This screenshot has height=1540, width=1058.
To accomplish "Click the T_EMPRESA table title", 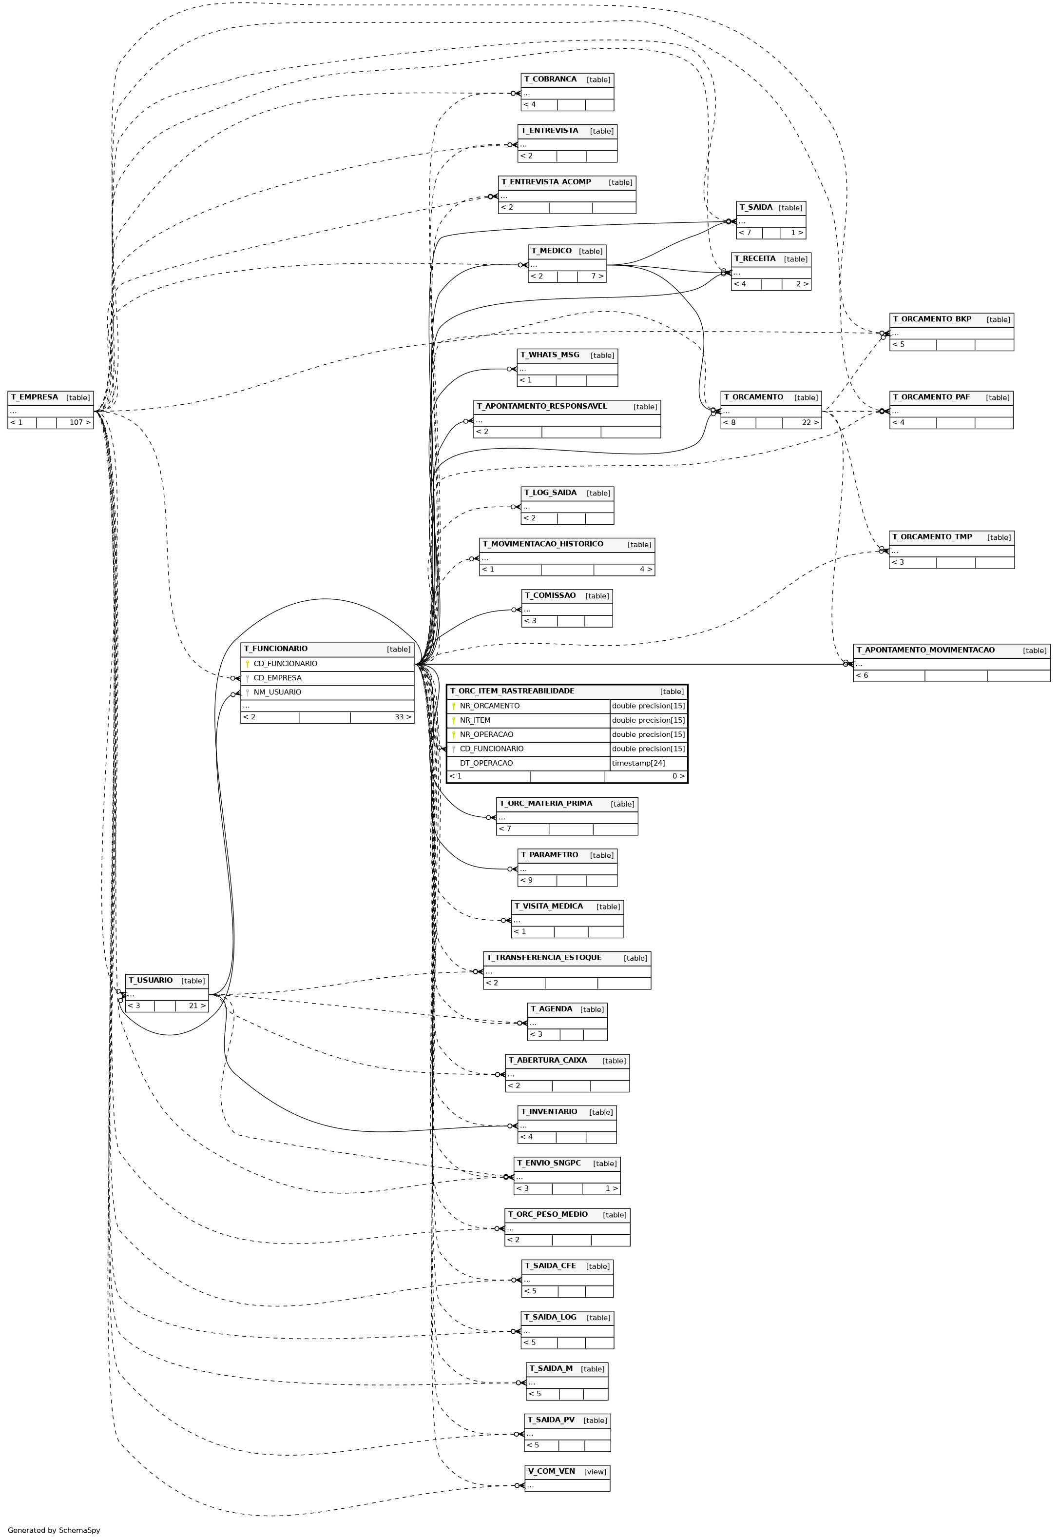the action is pyautogui.click(x=35, y=397).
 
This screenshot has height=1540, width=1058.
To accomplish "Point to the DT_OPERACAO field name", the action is pyautogui.click(x=486, y=763).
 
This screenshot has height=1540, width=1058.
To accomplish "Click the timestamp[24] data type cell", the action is pyautogui.click(x=638, y=763).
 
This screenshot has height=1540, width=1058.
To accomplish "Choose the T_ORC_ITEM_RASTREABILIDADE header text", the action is pyautogui.click(x=512, y=691).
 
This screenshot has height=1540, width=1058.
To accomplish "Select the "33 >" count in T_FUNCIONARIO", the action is pyautogui.click(x=403, y=717).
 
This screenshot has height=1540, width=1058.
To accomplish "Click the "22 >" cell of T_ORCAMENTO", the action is pyautogui.click(x=810, y=422).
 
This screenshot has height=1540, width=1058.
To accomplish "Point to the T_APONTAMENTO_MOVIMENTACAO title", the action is pyautogui.click(x=925, y=650).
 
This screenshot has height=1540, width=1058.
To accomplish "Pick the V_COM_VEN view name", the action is pyautogui.click(x=552, y=1471).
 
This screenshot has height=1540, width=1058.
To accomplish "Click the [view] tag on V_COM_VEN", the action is pyautogui.click(x=596, y=1472).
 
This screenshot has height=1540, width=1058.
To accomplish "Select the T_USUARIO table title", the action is pyautogui.click(x=151, y=980).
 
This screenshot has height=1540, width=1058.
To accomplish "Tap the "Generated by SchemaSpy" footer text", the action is pyautogui.click(x=54, y=1531).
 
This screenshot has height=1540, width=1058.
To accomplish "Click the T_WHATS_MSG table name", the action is pyautogui.click(x=550, y=355).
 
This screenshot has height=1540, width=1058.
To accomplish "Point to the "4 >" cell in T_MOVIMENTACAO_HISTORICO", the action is pyautogui.click(x=646, y=569).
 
